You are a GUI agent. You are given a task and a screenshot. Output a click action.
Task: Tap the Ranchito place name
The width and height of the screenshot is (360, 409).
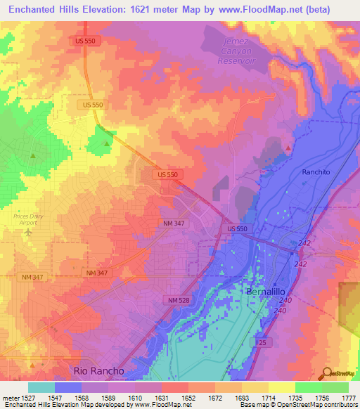tap(316, 171)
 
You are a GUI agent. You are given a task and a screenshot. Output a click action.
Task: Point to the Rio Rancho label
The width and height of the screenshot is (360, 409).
tap(99, 370)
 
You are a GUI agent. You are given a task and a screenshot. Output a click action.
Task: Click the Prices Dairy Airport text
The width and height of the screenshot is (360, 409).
tap(28, 219)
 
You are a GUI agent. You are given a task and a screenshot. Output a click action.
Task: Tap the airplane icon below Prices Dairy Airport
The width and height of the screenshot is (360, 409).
tap(29, 231)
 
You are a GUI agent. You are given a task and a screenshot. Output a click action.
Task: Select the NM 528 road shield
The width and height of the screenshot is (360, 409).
tap(179, 300)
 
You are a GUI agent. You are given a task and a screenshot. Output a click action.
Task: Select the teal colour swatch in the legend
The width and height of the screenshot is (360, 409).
tap(41, 387)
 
